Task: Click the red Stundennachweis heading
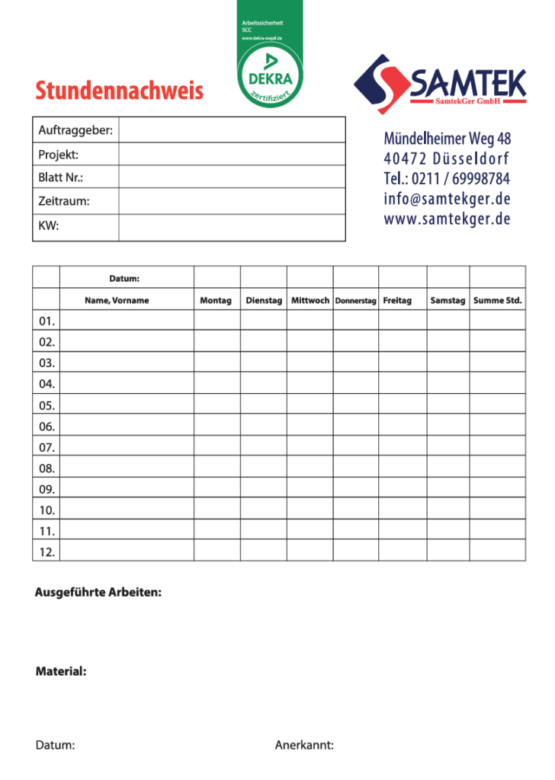pyautogui.click(x=120, y=91)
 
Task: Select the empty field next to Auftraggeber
pyautogui.click(x=232, y=130)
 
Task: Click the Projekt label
pyautogui.click(x=59, y=155)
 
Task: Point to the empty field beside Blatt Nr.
pyautogui.click(x=232, y=177)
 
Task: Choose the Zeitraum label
pyautogui.click(x=64, y=201)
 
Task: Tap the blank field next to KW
pyautogui.click(x=232, y=225)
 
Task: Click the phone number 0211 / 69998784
pyautogui.click(x=448, y=179)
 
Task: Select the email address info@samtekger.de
pyautogui.click(x=447, y=199)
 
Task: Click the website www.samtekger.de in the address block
pyautogui.click(x=447, y=219)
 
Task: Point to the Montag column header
pyautogui.click(x=216, y=300)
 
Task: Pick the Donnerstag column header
pyautogui.click(x=355, y=301)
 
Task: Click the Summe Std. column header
pyautogui.click(x=497, y=300)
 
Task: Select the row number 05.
pyautogui.click(x=47, y=405)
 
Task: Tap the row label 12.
pyautogui.click(x=47, y=551)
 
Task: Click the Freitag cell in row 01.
pyautogui.click(x=403, y=321)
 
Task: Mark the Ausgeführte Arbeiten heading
pyautogui.click(x=98, y=592)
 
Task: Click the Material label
pyautogui.click(x=61, y=672)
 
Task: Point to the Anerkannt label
pyautogui.click(x=304, y=745)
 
